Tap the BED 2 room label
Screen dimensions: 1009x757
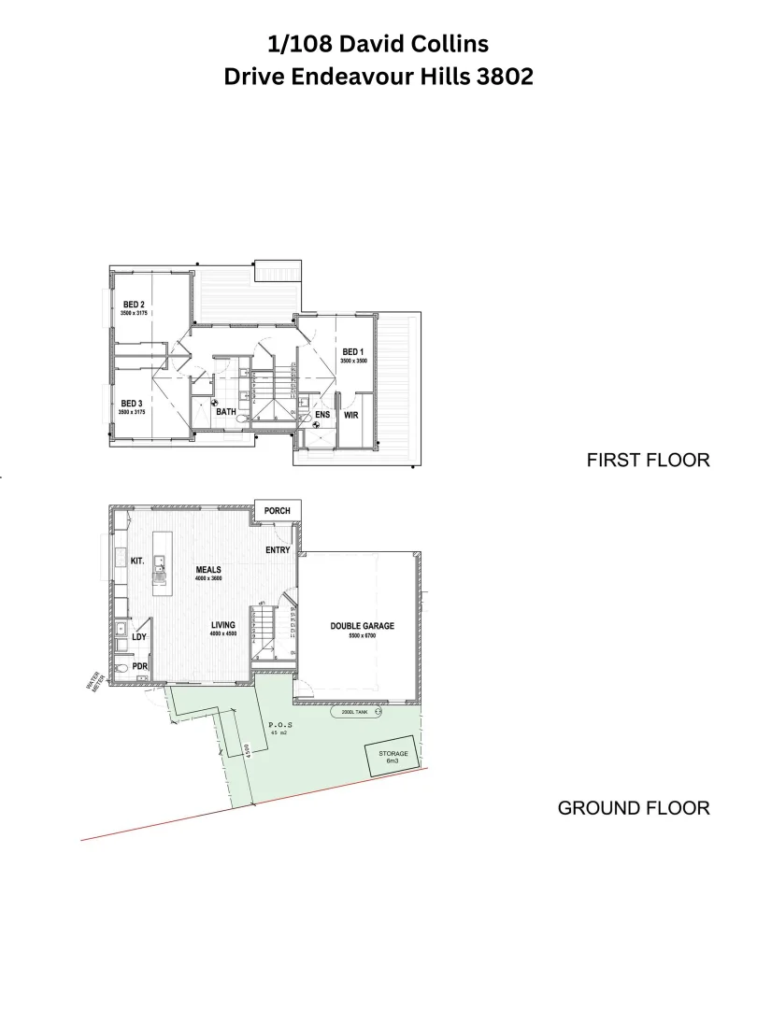coord(134,304)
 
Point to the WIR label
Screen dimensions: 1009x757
coord(352,414)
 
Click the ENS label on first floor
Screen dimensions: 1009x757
coord(322,414)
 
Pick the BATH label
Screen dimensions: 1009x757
coord(226,411)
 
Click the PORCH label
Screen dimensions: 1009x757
coord(278,511)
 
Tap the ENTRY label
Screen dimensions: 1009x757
coord(278,550)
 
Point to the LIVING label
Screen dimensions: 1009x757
coord(222,625)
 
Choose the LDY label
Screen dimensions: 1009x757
coord(139,637)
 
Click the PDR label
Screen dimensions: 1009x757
coord(139,666)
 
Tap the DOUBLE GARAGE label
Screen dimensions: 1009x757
coord(363,626)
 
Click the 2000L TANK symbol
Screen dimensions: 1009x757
coord(357,712)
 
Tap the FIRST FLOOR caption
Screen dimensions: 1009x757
coord(648,460)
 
